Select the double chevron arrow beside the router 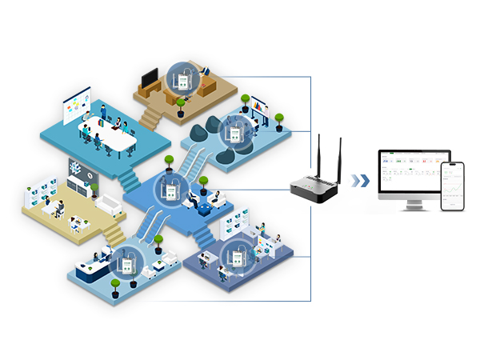pos(363,181)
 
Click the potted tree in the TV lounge pos(181,106)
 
